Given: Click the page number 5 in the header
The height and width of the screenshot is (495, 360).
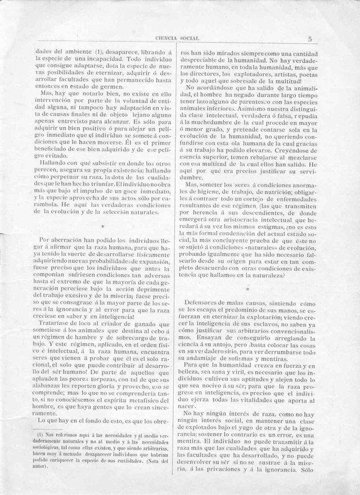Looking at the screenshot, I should pos(310,39).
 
